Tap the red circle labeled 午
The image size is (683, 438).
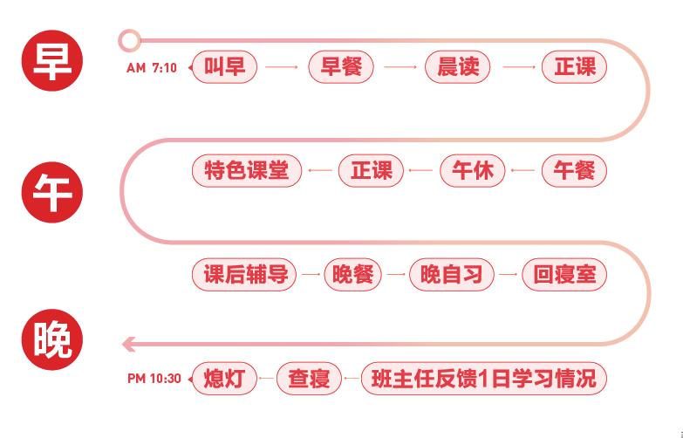pos(52,193)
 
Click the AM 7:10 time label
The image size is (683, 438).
pos(152,67)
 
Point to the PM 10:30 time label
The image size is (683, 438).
pos(154,379)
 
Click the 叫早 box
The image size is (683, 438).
pos(225,67)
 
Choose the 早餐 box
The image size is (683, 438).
pos(341,67)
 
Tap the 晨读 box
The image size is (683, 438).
pos(457,67)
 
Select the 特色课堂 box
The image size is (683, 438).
pos(246,170)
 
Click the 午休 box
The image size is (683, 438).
pos(473,170)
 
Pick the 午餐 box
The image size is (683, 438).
pos(574,170)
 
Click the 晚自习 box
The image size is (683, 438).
pos(451,275)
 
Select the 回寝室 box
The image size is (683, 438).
pos(564,275)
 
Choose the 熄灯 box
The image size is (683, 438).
pos(224,379)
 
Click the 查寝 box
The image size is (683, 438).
pos(309,379)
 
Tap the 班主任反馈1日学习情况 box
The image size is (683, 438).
pos(483,379)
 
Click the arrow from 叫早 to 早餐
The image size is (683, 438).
pos(283,67)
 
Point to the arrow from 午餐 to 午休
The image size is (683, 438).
pos(523,170)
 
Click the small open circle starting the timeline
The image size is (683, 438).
pos(129,39)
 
